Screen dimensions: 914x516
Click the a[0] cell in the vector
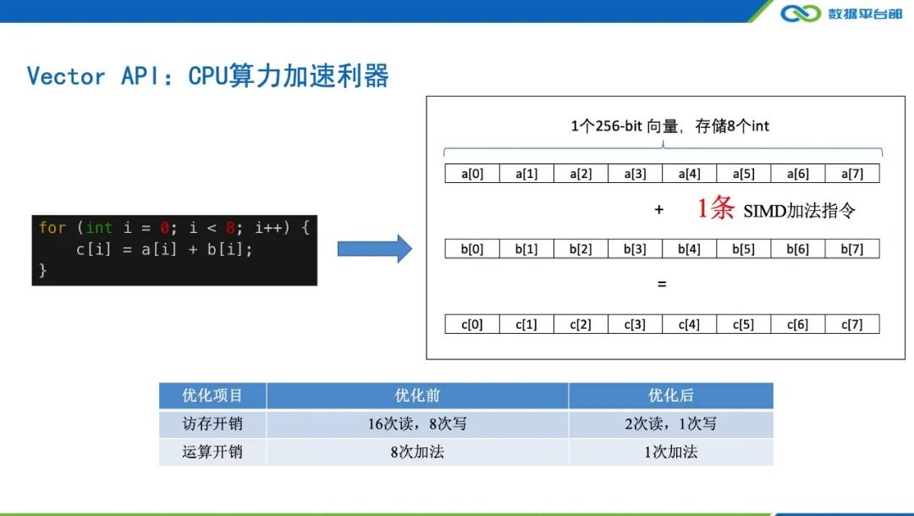472,174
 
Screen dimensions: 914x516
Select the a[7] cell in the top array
851,174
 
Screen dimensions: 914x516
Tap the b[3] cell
635,249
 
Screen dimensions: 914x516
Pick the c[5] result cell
743,325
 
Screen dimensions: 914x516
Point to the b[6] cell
797,249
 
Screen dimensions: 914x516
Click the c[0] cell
472,325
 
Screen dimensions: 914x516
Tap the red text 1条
715,209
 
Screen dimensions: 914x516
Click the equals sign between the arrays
662,285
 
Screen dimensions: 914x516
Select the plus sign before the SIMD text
659,210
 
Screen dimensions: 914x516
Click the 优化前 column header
417,396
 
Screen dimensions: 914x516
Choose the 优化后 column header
670,396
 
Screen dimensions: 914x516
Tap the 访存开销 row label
212,424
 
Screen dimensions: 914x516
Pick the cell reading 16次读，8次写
417,424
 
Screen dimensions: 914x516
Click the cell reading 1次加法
670,452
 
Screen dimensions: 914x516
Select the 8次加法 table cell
417,452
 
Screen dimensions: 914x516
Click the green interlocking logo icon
801,14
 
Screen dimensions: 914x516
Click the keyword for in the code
52,228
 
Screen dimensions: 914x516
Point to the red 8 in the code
230,228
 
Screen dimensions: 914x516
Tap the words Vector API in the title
89,76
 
